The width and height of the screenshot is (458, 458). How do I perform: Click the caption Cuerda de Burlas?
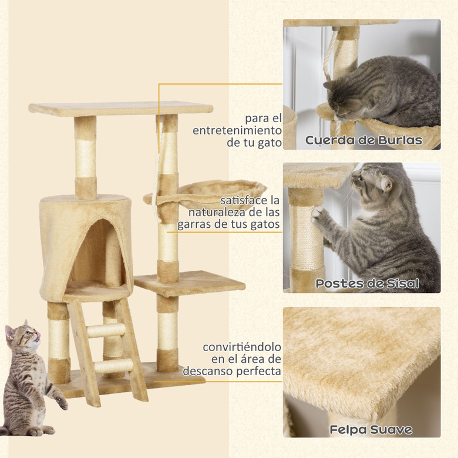point(363,140)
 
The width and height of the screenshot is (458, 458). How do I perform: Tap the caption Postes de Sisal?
point(367,284)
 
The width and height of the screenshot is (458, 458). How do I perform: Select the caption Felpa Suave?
point(371,429)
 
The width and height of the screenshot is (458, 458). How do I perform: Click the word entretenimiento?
point(237,130)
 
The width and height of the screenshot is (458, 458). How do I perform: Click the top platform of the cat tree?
point(120,109)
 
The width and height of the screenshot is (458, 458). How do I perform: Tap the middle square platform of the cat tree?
point(189,284)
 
